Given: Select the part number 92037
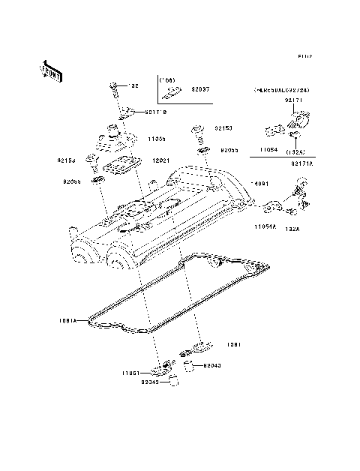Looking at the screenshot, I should [202, 88].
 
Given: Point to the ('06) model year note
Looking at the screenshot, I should [166, 78].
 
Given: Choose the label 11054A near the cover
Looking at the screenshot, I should [264, 226].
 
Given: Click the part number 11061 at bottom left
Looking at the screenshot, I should [133, 372].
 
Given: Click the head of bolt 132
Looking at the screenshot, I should [113, 85].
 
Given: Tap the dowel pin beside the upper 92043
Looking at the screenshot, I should [189, 365].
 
